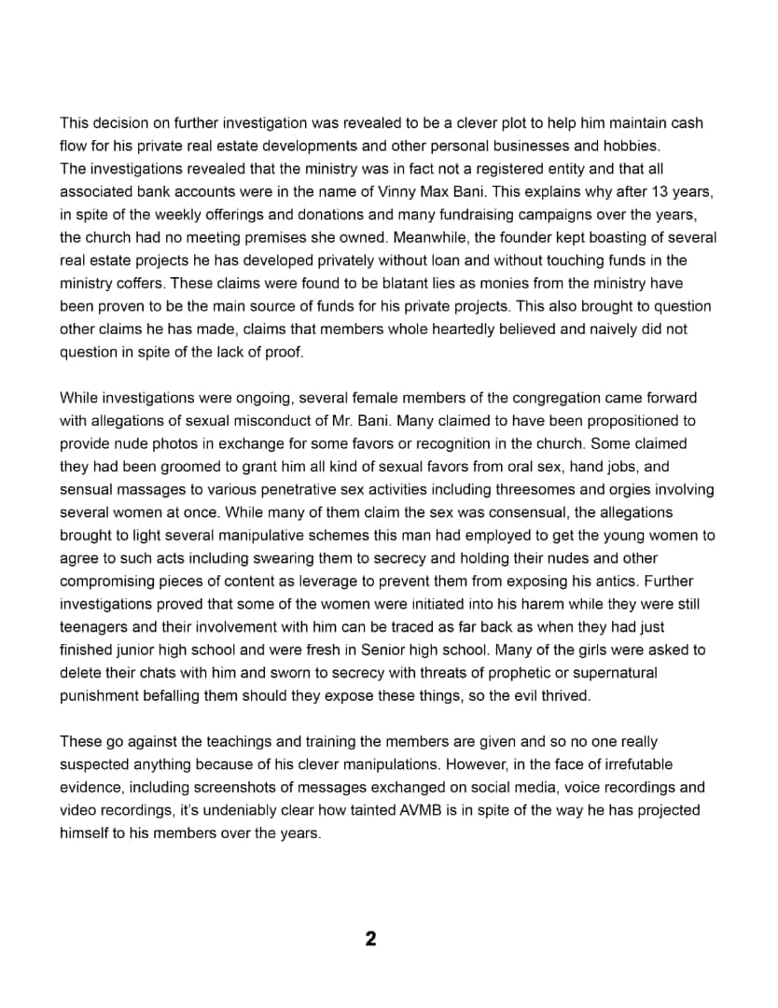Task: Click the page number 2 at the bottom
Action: tap(370, 939)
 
